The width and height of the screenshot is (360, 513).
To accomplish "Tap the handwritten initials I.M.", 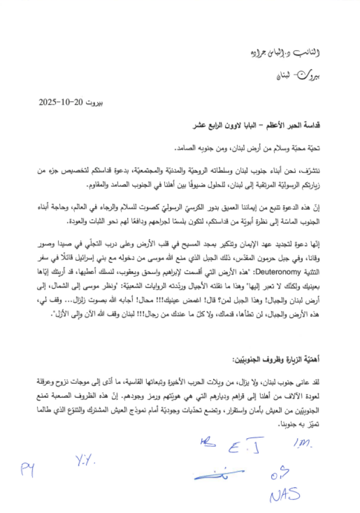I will (303, 445).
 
